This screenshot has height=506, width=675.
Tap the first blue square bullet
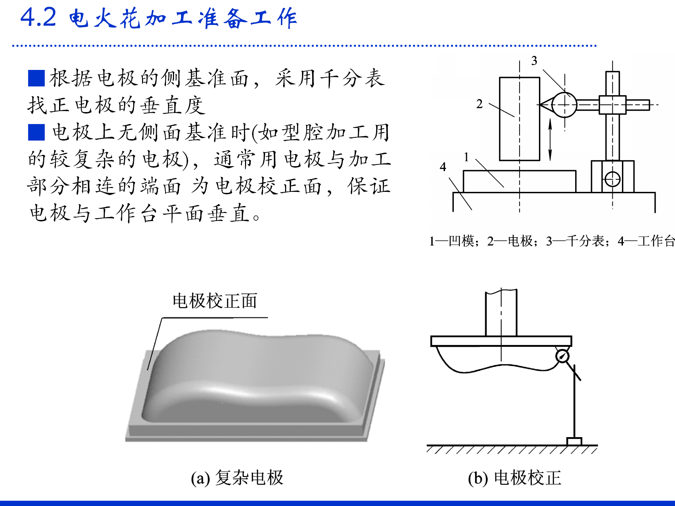click(x=36, y=78)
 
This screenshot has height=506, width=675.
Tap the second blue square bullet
click(x=36, y=132)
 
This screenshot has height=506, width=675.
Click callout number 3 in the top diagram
click(x=534, y=61)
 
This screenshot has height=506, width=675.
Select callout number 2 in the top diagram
click(x=479, y=104)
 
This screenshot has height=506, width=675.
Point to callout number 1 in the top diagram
click(x=466, y=157)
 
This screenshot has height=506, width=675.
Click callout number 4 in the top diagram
click(x=443, y=167)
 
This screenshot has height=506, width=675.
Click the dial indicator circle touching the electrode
click(x=564, y=105)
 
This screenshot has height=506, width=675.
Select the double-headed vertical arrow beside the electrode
click(x=550, y=140)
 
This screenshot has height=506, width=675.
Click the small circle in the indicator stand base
click(x=612, y=179)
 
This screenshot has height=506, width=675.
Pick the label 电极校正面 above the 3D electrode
click(x=215, y=301)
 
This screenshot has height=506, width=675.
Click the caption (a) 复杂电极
click(x=237, y=478)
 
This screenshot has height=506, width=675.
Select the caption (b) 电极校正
click(x=514, y=478)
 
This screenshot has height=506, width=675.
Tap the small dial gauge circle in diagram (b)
click(x=562, y=356)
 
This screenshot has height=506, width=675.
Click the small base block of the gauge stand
click(x=574, y=441)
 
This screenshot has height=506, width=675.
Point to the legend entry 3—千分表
click(x=575, y=241)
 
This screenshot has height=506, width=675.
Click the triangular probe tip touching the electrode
click(x=545, y=105)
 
